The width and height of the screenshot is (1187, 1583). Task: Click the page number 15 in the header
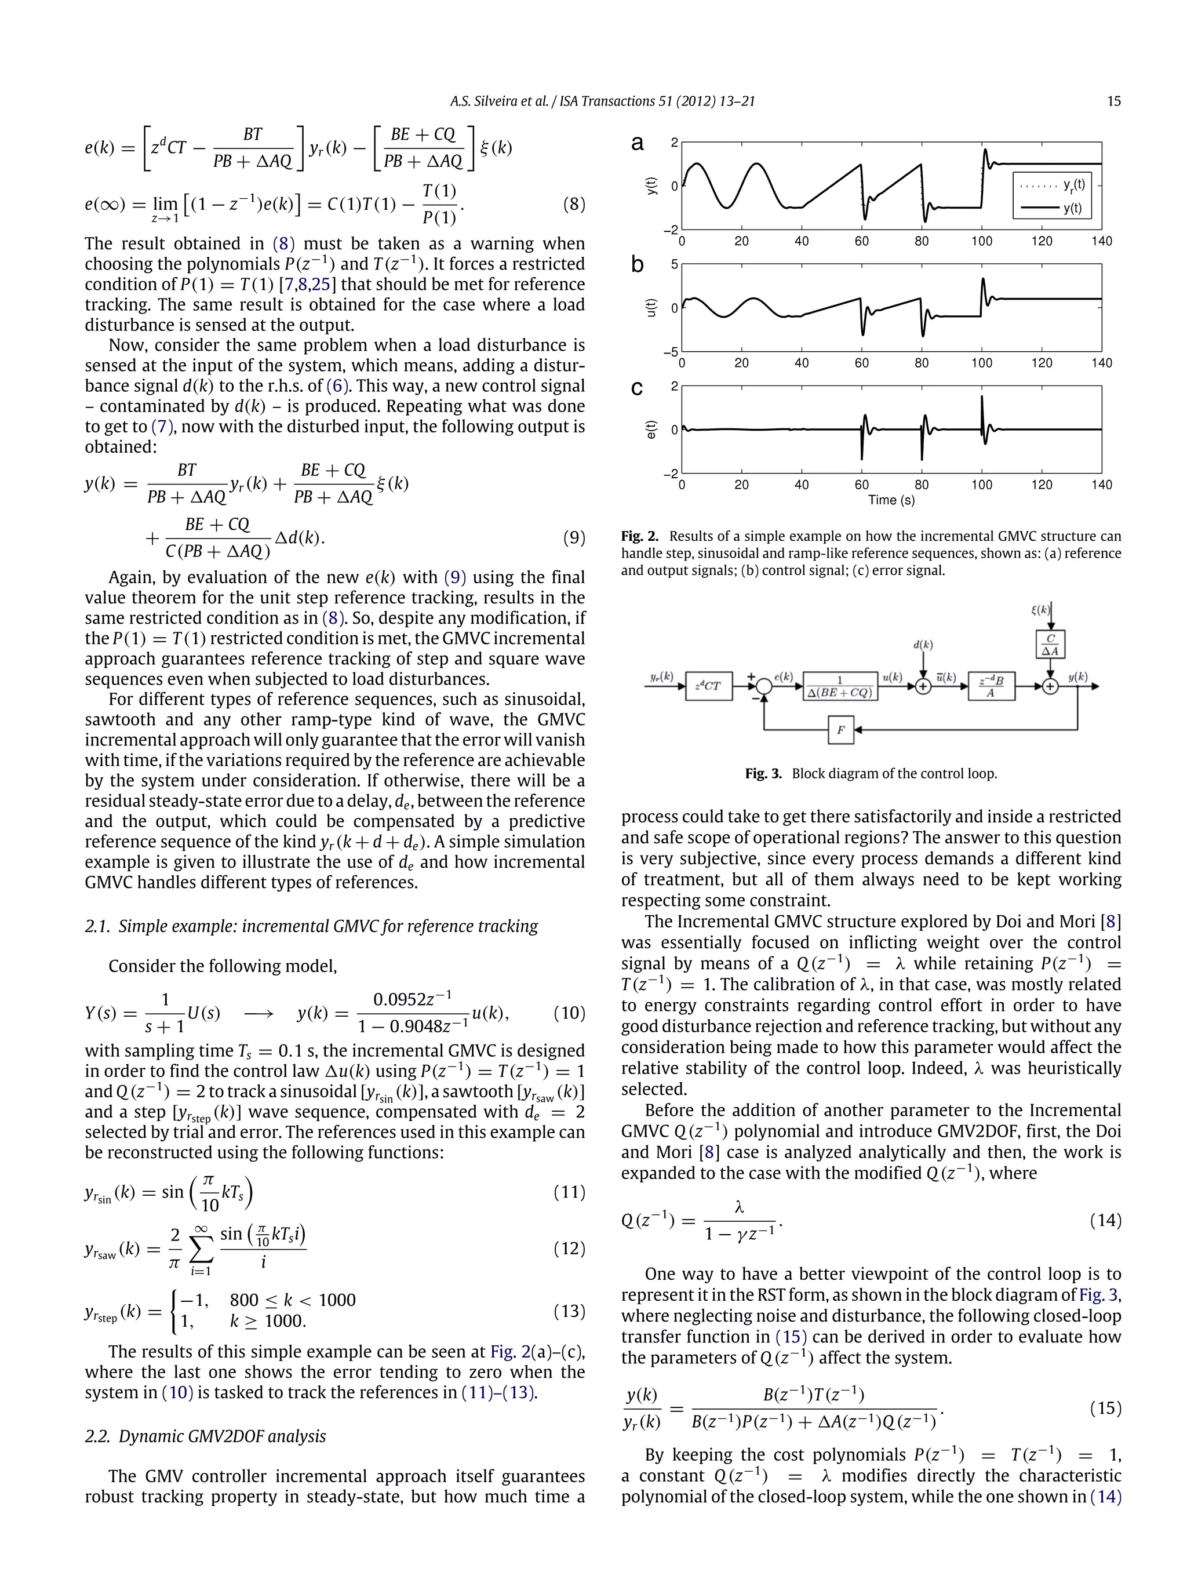coord(1113,101)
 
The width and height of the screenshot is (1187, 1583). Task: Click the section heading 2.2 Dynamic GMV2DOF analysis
coord(205,1436)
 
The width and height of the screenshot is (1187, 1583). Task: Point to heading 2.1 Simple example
coord(311,925)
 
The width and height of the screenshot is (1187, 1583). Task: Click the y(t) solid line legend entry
coord(1052,208)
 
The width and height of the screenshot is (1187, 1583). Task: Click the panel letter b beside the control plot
coord(637,265)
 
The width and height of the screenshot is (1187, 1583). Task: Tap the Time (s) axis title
coord(891,500)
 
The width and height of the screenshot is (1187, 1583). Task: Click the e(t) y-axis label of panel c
coord(651,430)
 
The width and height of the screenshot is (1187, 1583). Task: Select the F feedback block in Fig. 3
coord(841,730)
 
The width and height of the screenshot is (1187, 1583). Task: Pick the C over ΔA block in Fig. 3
coord(1050,644)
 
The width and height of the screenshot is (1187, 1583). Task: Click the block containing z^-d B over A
coord(991,686)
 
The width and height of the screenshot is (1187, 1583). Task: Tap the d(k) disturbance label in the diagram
coord(923,645)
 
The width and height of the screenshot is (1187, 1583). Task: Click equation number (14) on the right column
coord(1105,1220)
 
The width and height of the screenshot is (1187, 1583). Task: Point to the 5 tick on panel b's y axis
coord(674,265)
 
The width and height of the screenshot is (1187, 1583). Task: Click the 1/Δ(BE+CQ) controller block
coord(840,686)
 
